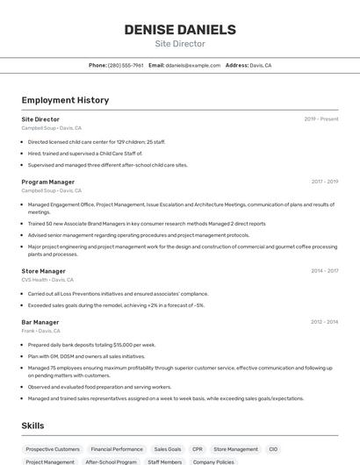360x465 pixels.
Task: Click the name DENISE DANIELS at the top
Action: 180,29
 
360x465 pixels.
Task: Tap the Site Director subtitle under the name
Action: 180,44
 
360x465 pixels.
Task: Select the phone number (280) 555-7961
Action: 125,65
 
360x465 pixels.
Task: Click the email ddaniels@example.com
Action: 192,65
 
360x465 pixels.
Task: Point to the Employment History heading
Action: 65,100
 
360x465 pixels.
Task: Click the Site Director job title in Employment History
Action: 40,119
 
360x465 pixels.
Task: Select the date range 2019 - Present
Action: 321,119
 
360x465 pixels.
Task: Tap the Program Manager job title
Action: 47,182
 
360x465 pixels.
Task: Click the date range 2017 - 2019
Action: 325,182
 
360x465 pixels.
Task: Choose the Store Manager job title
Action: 43,271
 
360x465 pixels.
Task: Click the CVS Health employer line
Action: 47,280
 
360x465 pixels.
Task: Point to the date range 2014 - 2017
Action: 325,271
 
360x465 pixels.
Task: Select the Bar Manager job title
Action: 40,322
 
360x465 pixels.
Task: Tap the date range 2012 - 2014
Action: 325,322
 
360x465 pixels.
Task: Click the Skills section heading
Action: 33,426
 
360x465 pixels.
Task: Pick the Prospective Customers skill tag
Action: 53,449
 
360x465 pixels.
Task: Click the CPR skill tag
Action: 198,449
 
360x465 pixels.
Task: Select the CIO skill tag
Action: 273,449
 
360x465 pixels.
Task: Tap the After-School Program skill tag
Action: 111,461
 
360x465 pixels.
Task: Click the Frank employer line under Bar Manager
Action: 40,331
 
